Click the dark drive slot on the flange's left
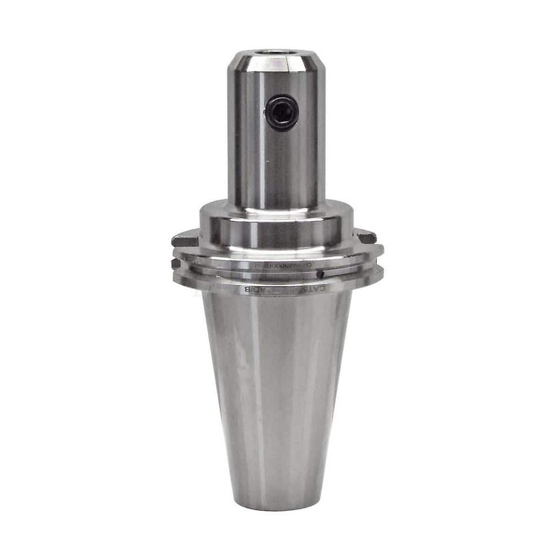point(184,241)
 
